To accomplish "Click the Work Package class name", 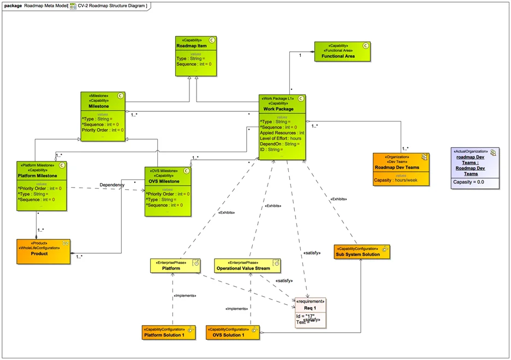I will pos(282,109).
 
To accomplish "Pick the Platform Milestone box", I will pos(41,186).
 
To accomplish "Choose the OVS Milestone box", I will pos(169,191).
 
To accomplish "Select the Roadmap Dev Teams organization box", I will pos(401,169).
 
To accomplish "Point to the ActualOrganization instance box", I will pos(474,168).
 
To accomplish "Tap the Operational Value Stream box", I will pos(247,265).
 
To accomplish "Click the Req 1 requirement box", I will pos(310,313).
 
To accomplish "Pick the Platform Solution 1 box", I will pos(171,332).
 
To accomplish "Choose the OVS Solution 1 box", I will pos(233,332).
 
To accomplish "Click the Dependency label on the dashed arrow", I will pos(112,185).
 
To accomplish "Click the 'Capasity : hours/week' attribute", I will pos(400,180).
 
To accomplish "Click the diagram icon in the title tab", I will pos(73,5).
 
